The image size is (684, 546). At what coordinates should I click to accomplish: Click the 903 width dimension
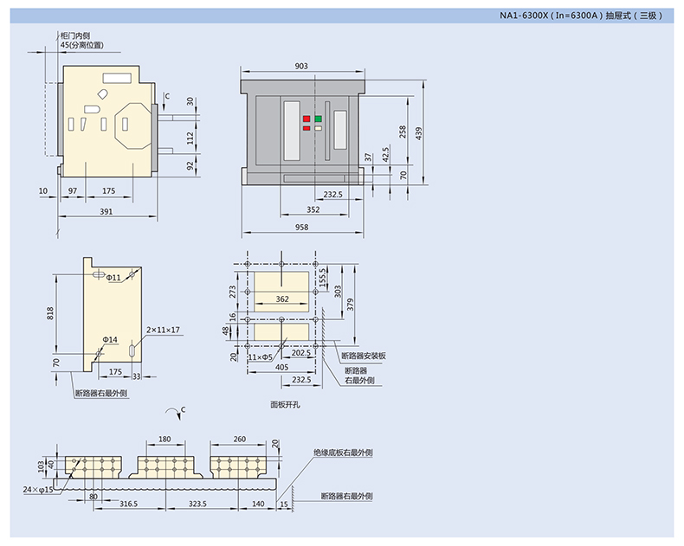[x=301, y=66]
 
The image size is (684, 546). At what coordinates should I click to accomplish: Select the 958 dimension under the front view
[x=301, y=227]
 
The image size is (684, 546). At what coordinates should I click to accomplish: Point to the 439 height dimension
[x=418, y=133]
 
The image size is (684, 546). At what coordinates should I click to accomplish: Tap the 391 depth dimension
[x=106, y=211]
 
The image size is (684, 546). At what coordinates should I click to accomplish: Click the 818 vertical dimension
[x=49, y=313]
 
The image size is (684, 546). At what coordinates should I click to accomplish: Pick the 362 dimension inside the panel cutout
[x=282, y=299]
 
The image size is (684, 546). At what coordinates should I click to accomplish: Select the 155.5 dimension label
[x=322, y=277]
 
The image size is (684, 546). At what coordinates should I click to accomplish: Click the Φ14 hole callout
[x=110, y=339]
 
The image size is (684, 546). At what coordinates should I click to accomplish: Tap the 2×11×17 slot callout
[x=163, y=330]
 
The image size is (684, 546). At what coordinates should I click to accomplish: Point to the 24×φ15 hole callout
[x=37, y=490]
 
